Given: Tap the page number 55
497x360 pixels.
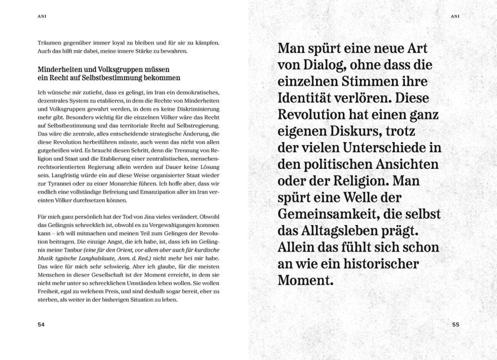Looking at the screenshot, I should [456, 325].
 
